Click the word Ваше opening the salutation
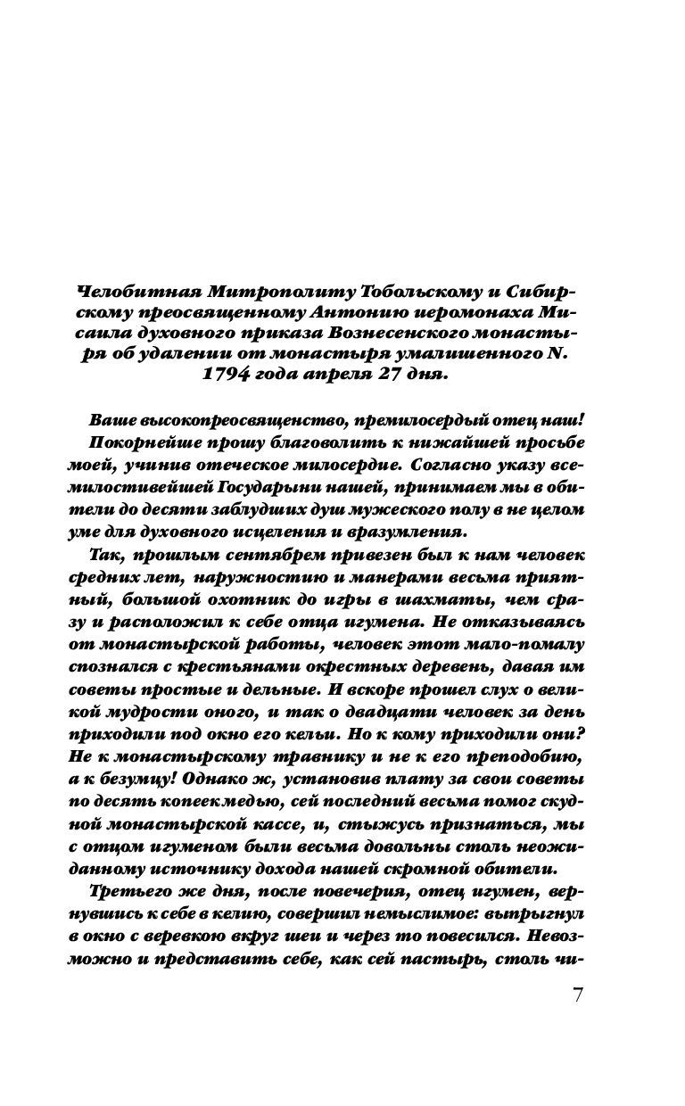pyautogui.click(x=112, y=422)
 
